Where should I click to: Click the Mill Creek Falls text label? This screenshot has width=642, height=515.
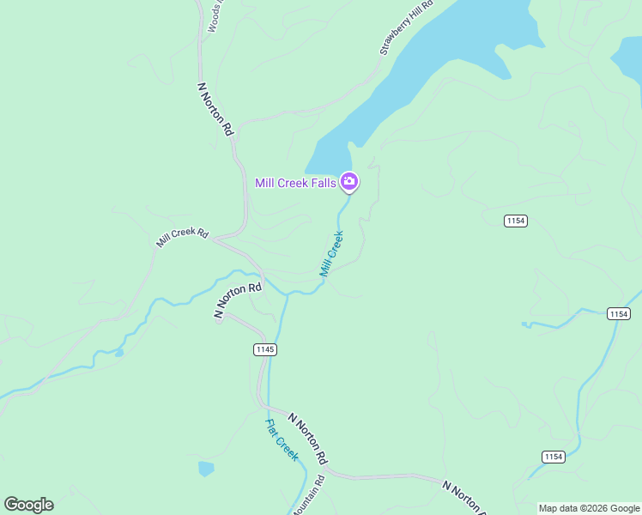(x=296, y=183)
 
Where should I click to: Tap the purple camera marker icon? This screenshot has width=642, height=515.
(x=349, y=181)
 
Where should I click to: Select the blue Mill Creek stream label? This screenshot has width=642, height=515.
(x=332, y=254)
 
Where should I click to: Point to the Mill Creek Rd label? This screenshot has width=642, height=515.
(x=183, y=238)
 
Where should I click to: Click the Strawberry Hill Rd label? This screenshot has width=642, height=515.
(x=407, y=28)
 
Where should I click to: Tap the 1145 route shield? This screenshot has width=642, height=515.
(x=265, y=348)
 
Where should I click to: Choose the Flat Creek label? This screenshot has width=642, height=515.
(x=282, y=440)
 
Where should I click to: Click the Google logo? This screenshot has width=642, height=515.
(x=28, y=505)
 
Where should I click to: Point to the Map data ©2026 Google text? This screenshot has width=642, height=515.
(x=589, y=508)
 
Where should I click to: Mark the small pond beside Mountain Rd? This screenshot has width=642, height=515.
(x=206, y=469)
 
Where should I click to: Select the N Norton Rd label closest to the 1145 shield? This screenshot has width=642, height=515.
(x=238, y=300)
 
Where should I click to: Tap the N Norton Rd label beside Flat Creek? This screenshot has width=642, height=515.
(x=308, y=439)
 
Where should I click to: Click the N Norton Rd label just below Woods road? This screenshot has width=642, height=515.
(x=216, y=110)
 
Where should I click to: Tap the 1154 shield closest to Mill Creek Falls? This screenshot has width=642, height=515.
(x=516, y=221)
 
